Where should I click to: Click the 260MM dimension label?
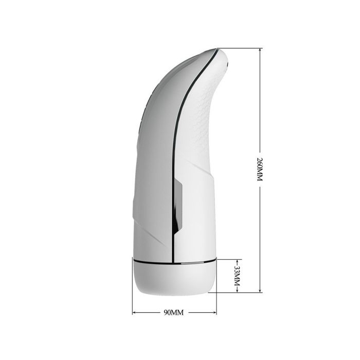(260, 169)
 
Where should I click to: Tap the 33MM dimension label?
(237, 276)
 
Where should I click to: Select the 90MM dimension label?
(174, 313)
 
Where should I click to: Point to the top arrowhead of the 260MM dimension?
(260, 50)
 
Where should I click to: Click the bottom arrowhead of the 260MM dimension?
(260, 291)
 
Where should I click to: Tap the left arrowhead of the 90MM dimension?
(135, 313)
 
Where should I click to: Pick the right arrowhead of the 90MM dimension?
(214, 313)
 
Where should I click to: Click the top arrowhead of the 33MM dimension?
(237, 261)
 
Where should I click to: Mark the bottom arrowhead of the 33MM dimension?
(237, 291)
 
